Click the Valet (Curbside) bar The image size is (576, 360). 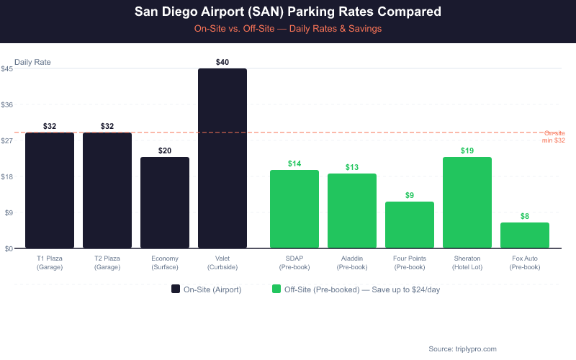[x=222, y=158]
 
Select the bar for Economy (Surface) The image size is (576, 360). [x=165, y=202]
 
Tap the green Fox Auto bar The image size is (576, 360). [x=525, y=235]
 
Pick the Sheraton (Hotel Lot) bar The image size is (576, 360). [x=467, y=202]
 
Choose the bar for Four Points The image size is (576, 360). [x=410, y=225]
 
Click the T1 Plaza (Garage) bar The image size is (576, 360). [x=50, y=190]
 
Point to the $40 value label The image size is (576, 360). [x=222, y=63]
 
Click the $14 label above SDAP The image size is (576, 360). [x=294, y=163]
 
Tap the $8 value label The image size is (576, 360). [x=525, y=216]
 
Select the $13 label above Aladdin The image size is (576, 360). [x=352, y=167]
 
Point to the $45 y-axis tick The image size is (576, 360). [x=6, y=69]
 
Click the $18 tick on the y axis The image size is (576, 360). [x=6, y=176]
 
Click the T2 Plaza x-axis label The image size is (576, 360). [x=107, y=262]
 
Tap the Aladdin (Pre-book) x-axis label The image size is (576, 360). [x=352, y=262]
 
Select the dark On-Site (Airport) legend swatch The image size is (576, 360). [x=176, y=289]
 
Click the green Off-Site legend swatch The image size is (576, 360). [x=276, y=289]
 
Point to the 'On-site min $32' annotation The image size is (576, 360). [x=554, y=137]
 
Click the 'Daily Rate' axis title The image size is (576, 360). [x=32, y=63]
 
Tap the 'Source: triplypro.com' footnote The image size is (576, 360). [x=462, y=348]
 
